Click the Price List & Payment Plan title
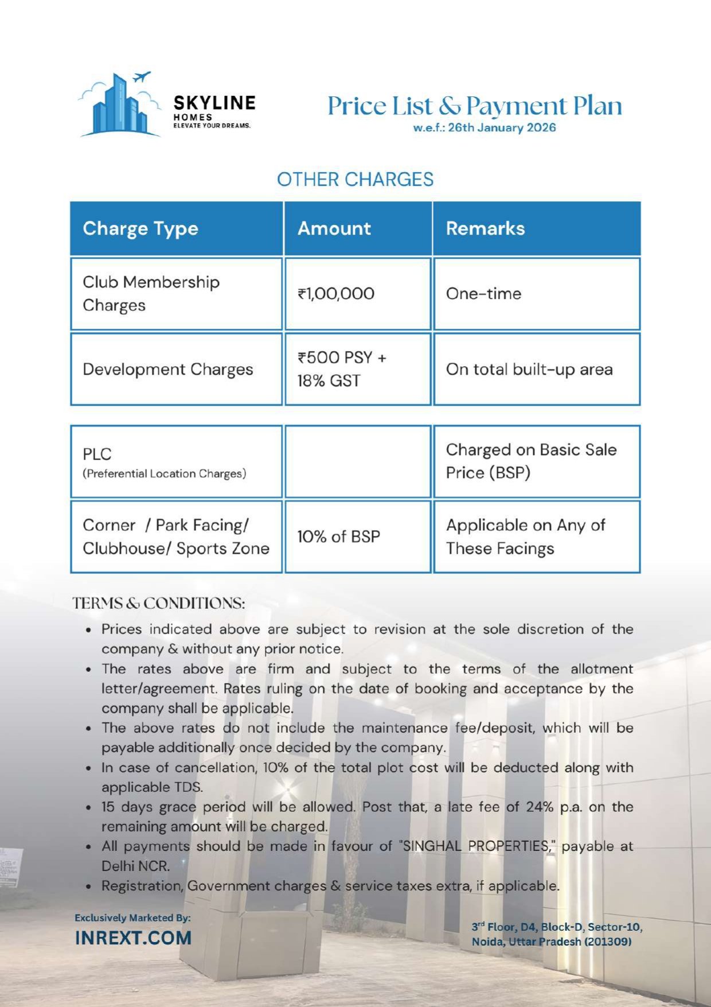point(474,106)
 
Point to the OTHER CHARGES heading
point(355,180)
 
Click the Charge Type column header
point(140,228)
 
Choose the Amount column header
point(334,228)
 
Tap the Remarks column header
point(485,228)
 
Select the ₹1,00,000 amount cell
point(336,294)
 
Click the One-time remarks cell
point(483,294)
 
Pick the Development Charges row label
point(167,370)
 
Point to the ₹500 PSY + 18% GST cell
point(342,369)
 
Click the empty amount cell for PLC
point(358,461)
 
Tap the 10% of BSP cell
point(338,536)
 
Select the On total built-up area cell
point(529,370)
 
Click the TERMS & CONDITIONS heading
point(159,604)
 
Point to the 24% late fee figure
point(540,807)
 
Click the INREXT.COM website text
point(133,938)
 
